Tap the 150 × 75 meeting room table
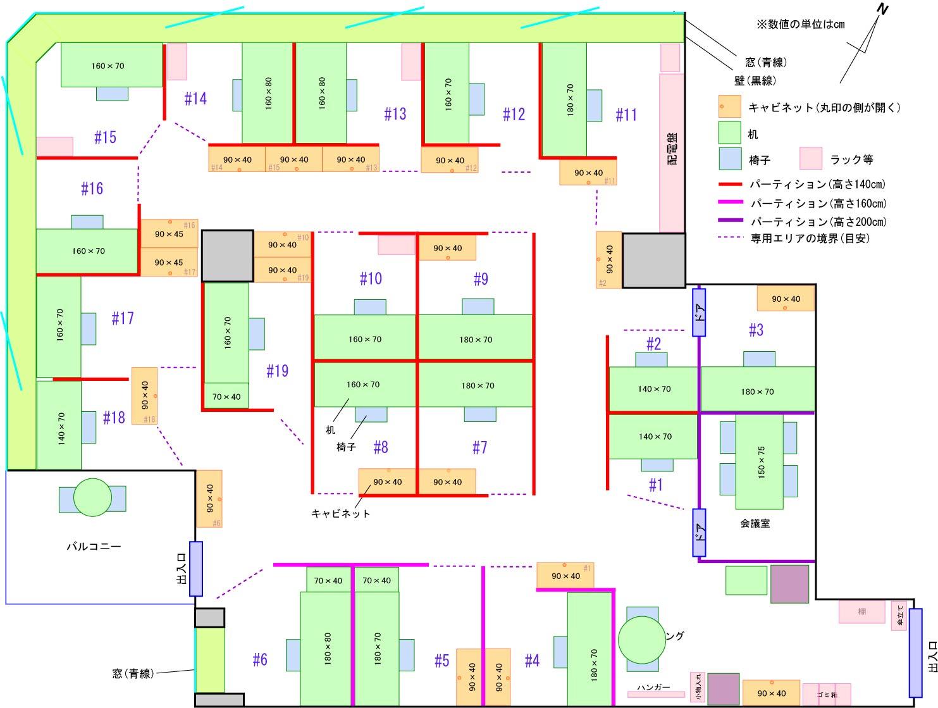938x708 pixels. [760, 461]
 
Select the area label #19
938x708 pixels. [277, 371]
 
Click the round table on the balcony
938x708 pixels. [92, 498]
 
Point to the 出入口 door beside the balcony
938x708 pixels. [196, 569]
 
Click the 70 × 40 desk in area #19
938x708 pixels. [226, 397]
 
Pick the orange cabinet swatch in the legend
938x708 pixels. [729, 107]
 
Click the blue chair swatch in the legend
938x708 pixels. [729, 159]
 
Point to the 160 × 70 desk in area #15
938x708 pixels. [111, 65]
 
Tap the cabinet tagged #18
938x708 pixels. [144, 395]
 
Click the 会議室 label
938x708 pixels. [755, 524]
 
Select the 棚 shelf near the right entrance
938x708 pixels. [861, 612]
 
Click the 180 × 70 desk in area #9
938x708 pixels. [476, 338]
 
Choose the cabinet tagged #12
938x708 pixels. [450, 160]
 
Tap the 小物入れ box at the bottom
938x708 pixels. [698, 687]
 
